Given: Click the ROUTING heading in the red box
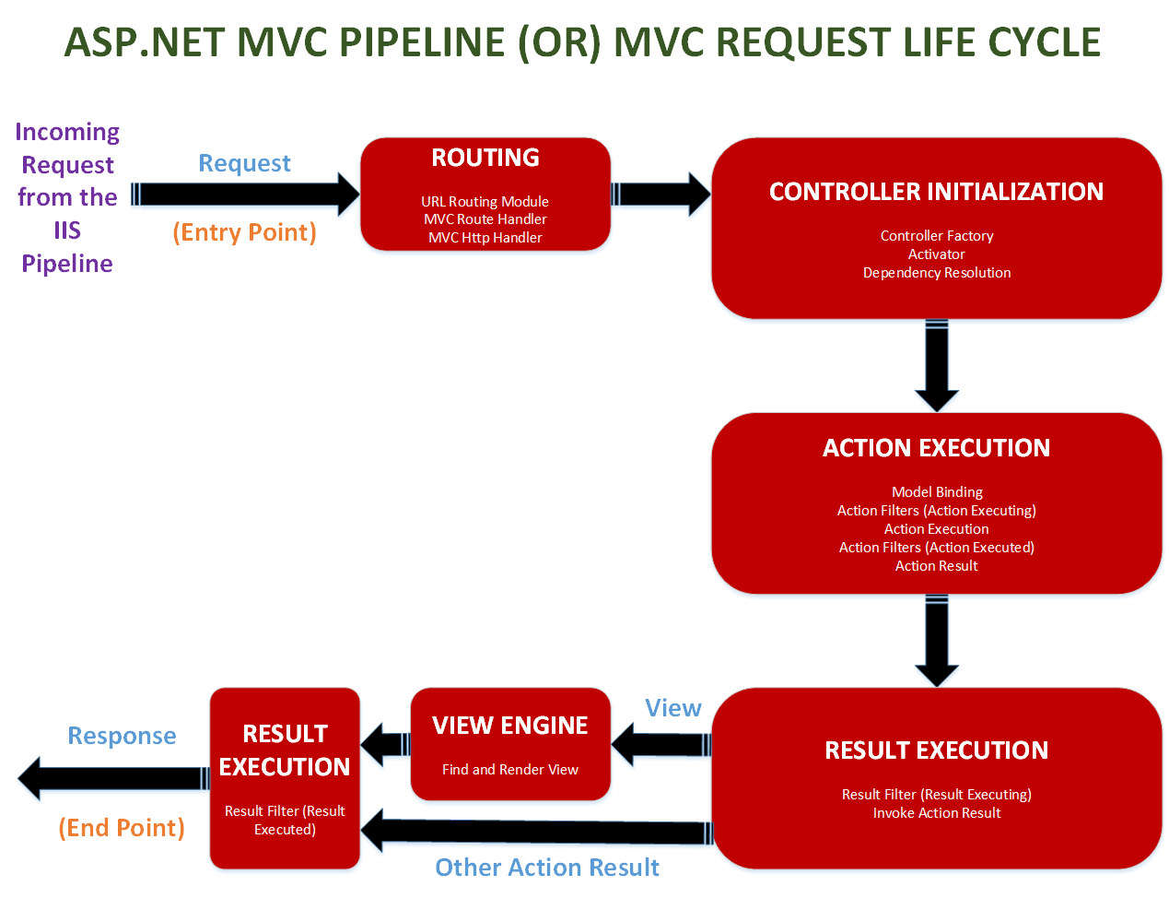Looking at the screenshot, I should tap(485, 158).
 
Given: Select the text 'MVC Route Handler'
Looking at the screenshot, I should tap(485, 219).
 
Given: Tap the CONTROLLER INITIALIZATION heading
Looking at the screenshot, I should tap(936, 192).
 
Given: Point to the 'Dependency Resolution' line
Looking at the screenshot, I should tap(936, 273).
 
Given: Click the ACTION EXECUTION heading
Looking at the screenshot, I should tap(936, 448).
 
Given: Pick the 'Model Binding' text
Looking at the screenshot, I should tap(937, 492).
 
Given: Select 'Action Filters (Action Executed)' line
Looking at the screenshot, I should tap(936, 548).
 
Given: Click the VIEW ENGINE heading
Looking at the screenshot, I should tap(509, 727).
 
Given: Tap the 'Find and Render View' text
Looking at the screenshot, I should tap(509, 770).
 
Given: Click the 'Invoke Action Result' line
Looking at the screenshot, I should tap(936, 813).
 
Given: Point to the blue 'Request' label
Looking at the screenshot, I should tap(244, 163).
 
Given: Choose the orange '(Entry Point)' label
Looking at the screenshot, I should tap(244, 232).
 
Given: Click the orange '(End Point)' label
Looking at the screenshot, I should tap(122, 828).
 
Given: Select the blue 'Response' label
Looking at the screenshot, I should tap(122, 736).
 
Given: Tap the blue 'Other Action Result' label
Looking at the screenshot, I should tap(546, 868).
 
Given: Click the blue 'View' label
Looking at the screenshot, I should tap(672, 708).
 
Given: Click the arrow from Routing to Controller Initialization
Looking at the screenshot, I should tap(660, 194).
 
